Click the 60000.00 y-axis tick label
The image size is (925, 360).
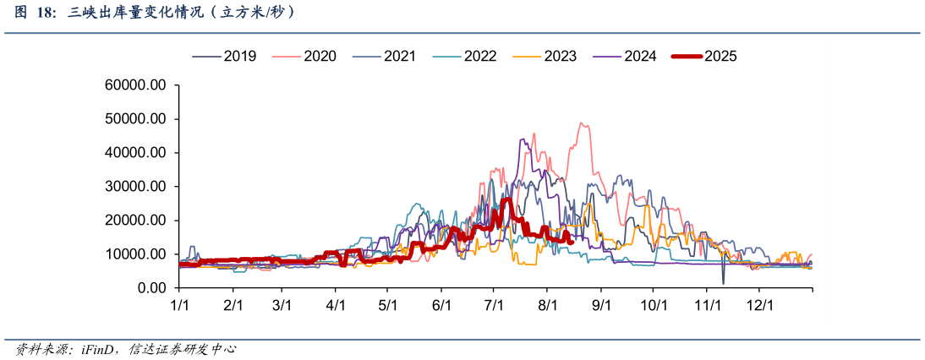pyautogui.click(x=135, y=85)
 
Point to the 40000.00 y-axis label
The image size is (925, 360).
pyautogui.click(x=135, y=153)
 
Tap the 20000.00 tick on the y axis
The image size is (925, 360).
pyautogui.click(x=135, y=221)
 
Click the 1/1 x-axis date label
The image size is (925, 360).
pyautogui.click(x=179, y=303)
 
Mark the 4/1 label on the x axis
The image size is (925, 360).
pyautogui.click(x=336, y=303)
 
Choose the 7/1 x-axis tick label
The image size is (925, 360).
pyautogui.click(x=495, y=303)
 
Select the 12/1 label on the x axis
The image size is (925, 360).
pyautogui.click(x=759, y=303)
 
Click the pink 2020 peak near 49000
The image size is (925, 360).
pyautogui.click(x=582, y=123)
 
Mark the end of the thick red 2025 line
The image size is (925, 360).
pyautogui.click(x=572, y=242)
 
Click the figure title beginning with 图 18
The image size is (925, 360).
pyautogui.click(x=152, y=13)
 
